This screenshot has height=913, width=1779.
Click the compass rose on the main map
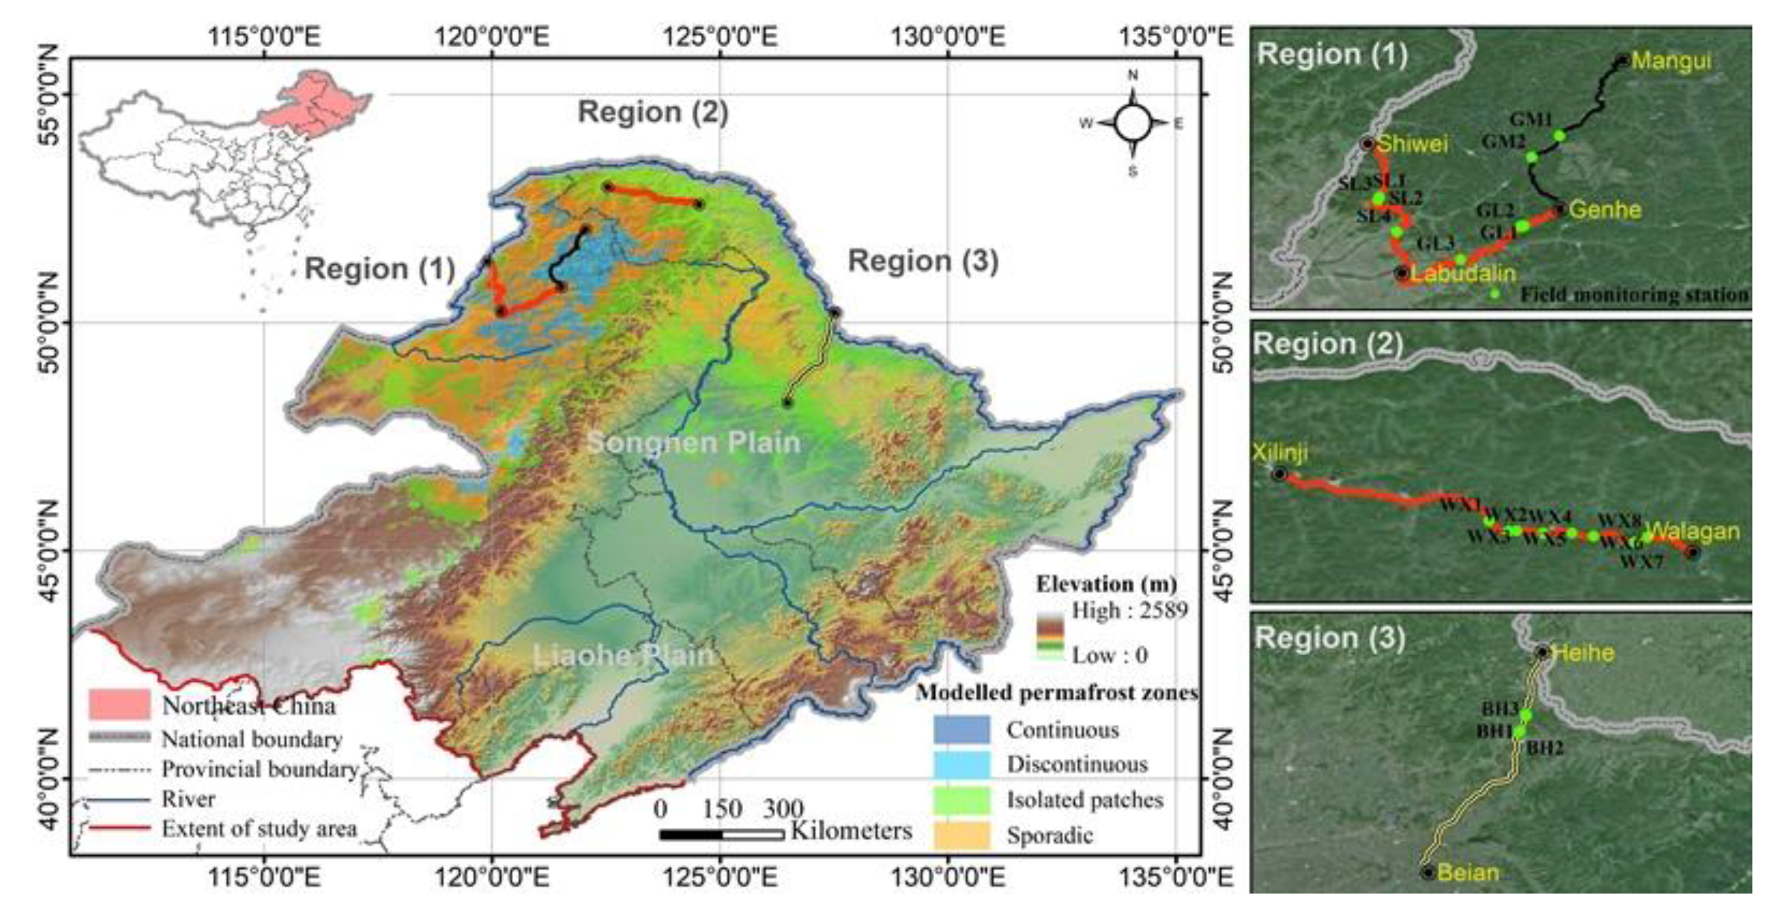[x=1133, y=124]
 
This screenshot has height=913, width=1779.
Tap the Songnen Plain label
[x=693, y=442]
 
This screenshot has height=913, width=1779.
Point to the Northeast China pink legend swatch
[x=119, y=705]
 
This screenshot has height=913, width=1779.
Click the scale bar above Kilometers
[x=722, y=834]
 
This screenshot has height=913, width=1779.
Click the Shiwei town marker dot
[x=1368, y=144]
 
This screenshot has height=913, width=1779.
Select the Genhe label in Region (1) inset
[x=1604, y=209]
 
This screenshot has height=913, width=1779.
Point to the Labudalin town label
[x=1463, y=274]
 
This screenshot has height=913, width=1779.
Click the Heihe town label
[x=1582, y=653]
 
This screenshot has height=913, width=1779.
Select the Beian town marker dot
[x=1428, y=872]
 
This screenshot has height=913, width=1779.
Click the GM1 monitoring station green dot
[x=1559, y=135]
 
